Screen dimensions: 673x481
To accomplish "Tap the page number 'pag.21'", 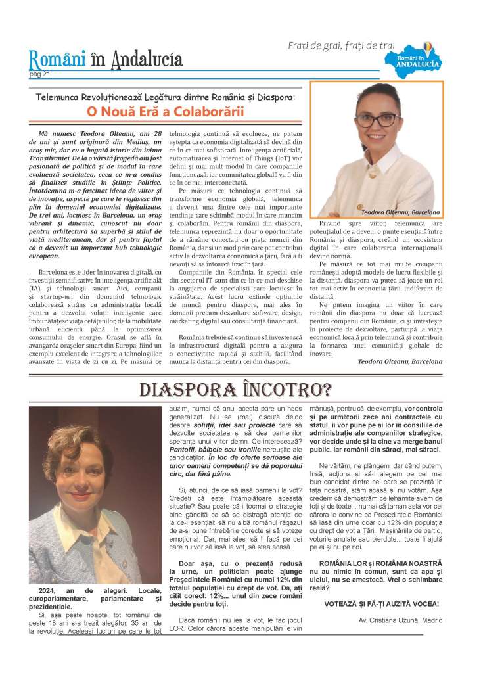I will pyautogui.click(x=39, y=74).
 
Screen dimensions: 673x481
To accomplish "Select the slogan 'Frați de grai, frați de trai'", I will pyautogui.click(x=342, y=45).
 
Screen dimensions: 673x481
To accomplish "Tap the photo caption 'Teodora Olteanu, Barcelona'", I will pyautogui.click(x=401, y=212).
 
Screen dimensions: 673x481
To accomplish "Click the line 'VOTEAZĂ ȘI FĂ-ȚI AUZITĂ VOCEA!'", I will pyautogui.click(x=382, y=604).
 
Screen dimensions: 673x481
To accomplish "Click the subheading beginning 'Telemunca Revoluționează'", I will pyautogui.click(x=165, y=97).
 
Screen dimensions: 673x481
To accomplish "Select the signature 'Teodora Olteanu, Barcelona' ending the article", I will pyautogui.click(x=400, y=361).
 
